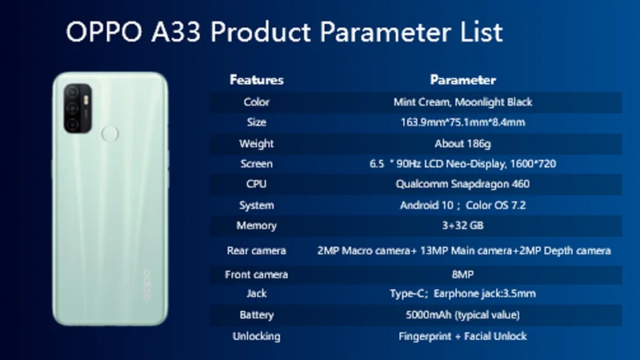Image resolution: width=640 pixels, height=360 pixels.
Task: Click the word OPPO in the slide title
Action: click(104, 32)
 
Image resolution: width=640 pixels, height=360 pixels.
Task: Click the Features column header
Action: click(256, 79)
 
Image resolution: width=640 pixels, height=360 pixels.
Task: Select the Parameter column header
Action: click(463, 79)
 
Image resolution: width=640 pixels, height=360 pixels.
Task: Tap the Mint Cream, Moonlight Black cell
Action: click(463, 102)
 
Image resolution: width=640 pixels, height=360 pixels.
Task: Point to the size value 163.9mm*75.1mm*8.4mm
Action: click(463, 122)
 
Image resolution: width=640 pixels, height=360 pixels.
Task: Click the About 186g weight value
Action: click(463, 144)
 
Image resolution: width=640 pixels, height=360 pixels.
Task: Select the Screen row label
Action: click(256, 164)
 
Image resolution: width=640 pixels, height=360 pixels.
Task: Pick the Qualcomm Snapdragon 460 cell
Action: click(463, 184)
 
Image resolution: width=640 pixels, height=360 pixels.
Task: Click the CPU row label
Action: click(256, 184)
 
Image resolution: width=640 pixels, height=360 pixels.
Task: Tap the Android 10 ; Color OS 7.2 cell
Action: click(463, 205)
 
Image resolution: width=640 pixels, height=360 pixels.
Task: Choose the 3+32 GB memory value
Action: click(463, 226)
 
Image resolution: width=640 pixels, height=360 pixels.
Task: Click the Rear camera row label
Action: click(256, 250)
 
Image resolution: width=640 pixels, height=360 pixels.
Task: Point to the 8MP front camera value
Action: click(463, 274)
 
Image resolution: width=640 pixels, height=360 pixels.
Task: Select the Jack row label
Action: click(256, 294)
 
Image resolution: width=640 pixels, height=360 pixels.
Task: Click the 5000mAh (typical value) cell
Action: click(463, 314)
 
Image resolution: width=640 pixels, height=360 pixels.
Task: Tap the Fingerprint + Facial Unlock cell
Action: click(463, 336)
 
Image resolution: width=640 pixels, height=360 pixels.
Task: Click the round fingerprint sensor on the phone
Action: click(110, 134)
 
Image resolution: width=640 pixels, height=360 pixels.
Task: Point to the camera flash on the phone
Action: click(86, 100)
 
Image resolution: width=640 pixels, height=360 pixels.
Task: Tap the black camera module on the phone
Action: click(78, 108)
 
